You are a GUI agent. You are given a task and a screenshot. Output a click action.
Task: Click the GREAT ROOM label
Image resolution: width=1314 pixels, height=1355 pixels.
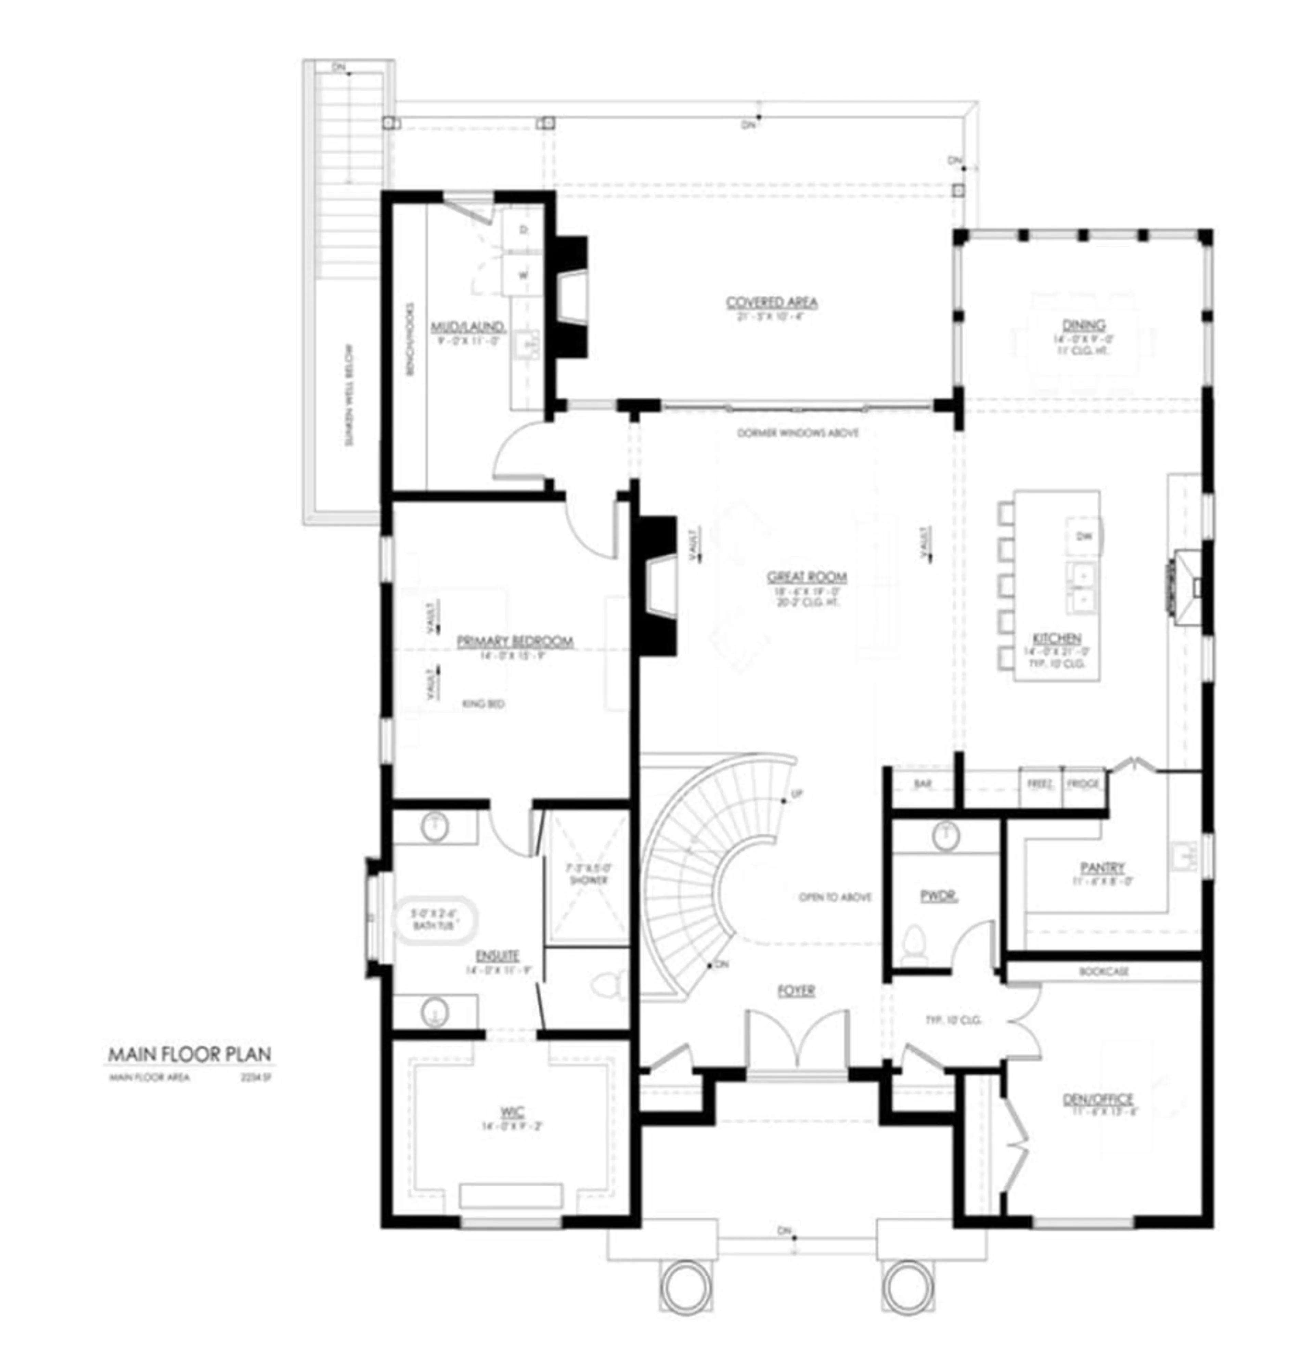click(x=807, y=577)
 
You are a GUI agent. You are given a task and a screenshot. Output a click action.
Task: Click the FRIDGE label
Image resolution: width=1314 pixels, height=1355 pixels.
click(x=1082, y=784)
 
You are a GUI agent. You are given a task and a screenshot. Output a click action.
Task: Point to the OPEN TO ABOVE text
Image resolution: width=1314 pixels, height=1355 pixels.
click(x=835, y=897)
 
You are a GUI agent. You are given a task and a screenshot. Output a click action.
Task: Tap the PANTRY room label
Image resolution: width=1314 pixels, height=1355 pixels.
click(x=1103, y=867)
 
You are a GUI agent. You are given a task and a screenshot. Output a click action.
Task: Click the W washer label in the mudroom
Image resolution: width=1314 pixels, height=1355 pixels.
click(x=523, y=274)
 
